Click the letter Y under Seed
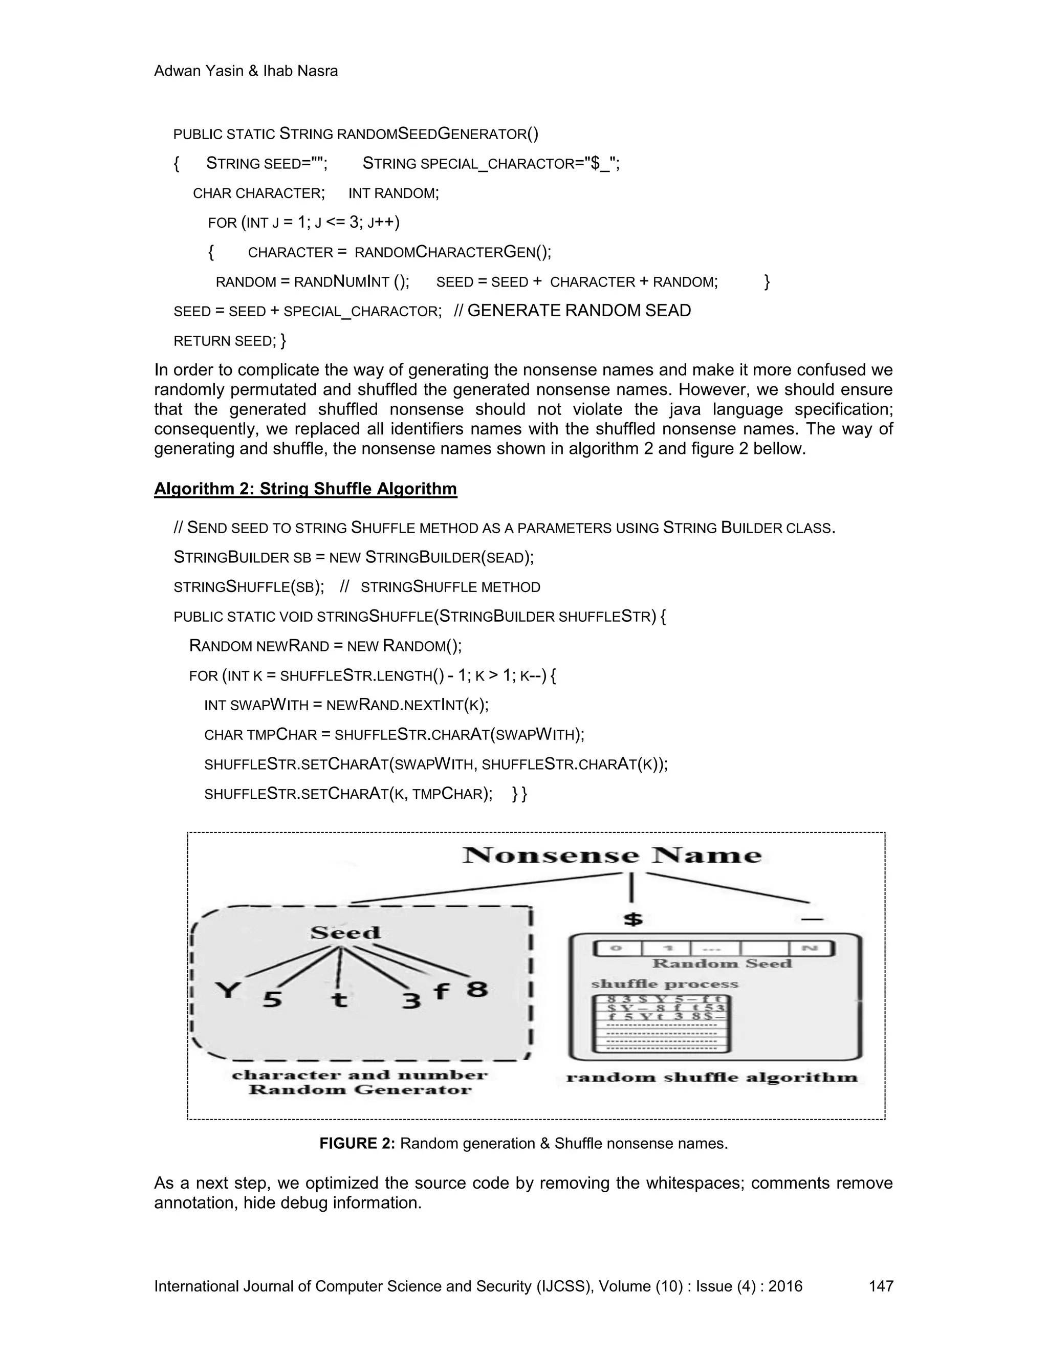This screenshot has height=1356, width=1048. tap(228, 990)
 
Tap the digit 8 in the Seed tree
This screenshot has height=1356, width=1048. tap(477, 988)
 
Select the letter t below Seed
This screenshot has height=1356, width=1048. tap(339, 999)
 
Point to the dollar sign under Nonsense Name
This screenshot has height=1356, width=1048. tap(632, 919)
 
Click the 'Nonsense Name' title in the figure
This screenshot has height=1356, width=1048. tap(612, 856)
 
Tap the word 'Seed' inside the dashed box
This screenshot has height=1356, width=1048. tap(345, 932)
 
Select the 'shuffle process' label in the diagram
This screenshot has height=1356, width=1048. tap(664, 984)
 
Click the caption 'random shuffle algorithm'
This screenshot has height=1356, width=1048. tap(711, 1078)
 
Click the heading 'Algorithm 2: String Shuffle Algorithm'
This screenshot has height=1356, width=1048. tap(305, 489)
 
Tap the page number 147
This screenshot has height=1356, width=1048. tap(880, 1286)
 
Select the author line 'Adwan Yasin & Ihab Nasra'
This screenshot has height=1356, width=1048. tap(246, 72)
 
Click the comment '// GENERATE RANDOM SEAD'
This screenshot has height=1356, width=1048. tap(573, 311)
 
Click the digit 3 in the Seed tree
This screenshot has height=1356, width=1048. tap(411, 1000)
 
